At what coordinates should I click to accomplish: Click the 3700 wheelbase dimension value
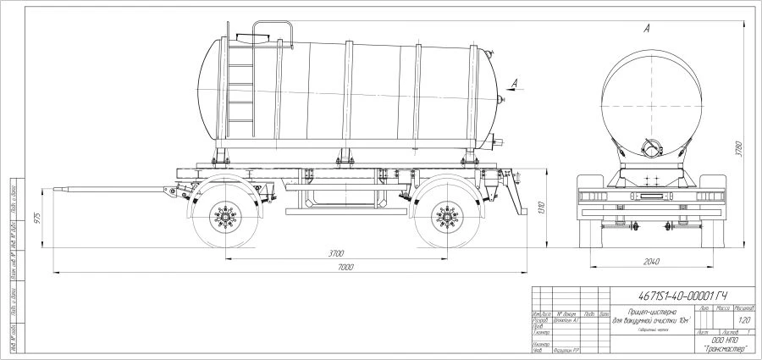[335, 253]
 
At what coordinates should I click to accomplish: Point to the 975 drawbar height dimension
[35, 217]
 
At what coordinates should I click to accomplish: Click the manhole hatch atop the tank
[253, 36]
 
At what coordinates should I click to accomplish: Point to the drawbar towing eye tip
[57, 186]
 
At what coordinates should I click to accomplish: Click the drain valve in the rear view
[650, 145]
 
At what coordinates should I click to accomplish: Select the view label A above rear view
[646, 30]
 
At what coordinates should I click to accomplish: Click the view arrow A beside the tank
[516, 83]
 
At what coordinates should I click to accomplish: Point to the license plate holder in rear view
[652, 197]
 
